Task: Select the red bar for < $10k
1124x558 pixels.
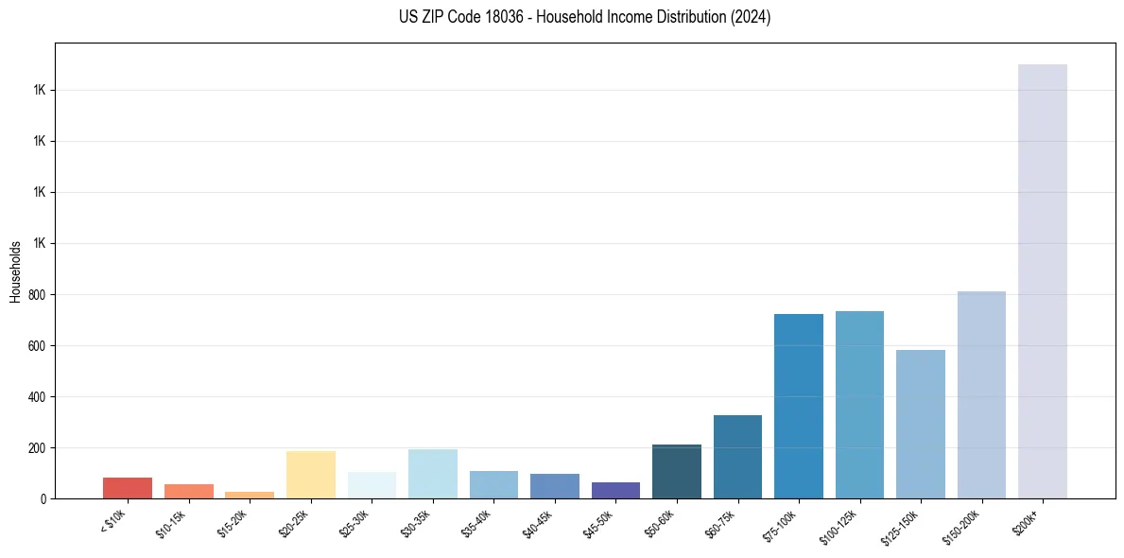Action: point(128,488)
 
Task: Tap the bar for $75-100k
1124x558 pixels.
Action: point(798,406)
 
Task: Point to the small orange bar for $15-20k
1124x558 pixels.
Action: point(250,495)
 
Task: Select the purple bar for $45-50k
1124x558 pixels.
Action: point(615,490)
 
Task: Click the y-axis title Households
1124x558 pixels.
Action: point(15,271)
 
